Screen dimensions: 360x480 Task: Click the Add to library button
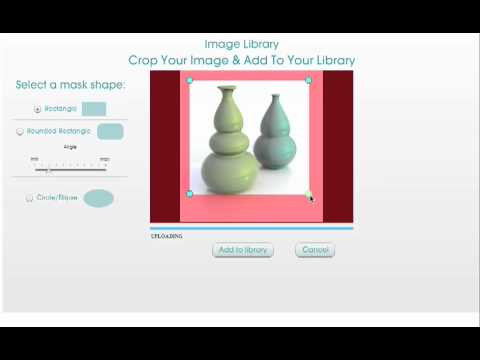pos(242,249)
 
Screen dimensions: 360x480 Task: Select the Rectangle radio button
pos(38,108)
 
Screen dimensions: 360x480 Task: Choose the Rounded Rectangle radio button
pos(20,131)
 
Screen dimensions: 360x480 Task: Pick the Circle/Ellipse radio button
pos(29,198)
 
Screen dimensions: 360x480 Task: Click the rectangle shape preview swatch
pos(94,109)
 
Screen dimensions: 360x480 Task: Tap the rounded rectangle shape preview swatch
pos(110,131)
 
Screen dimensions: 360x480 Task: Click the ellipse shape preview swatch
pos(98,197)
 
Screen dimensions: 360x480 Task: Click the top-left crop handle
pos(189,80)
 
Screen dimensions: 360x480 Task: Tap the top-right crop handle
pos(308,80)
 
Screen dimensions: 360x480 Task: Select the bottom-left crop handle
pos(189,194)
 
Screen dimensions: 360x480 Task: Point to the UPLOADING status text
pos(166,236)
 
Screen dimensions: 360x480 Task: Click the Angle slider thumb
pos(48,169)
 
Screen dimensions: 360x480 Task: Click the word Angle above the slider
pos(70,147)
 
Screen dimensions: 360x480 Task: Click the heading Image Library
pos(241,44)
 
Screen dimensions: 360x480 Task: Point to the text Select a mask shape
pos(69,84)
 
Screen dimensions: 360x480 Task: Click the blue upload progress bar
pos(251,228)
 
